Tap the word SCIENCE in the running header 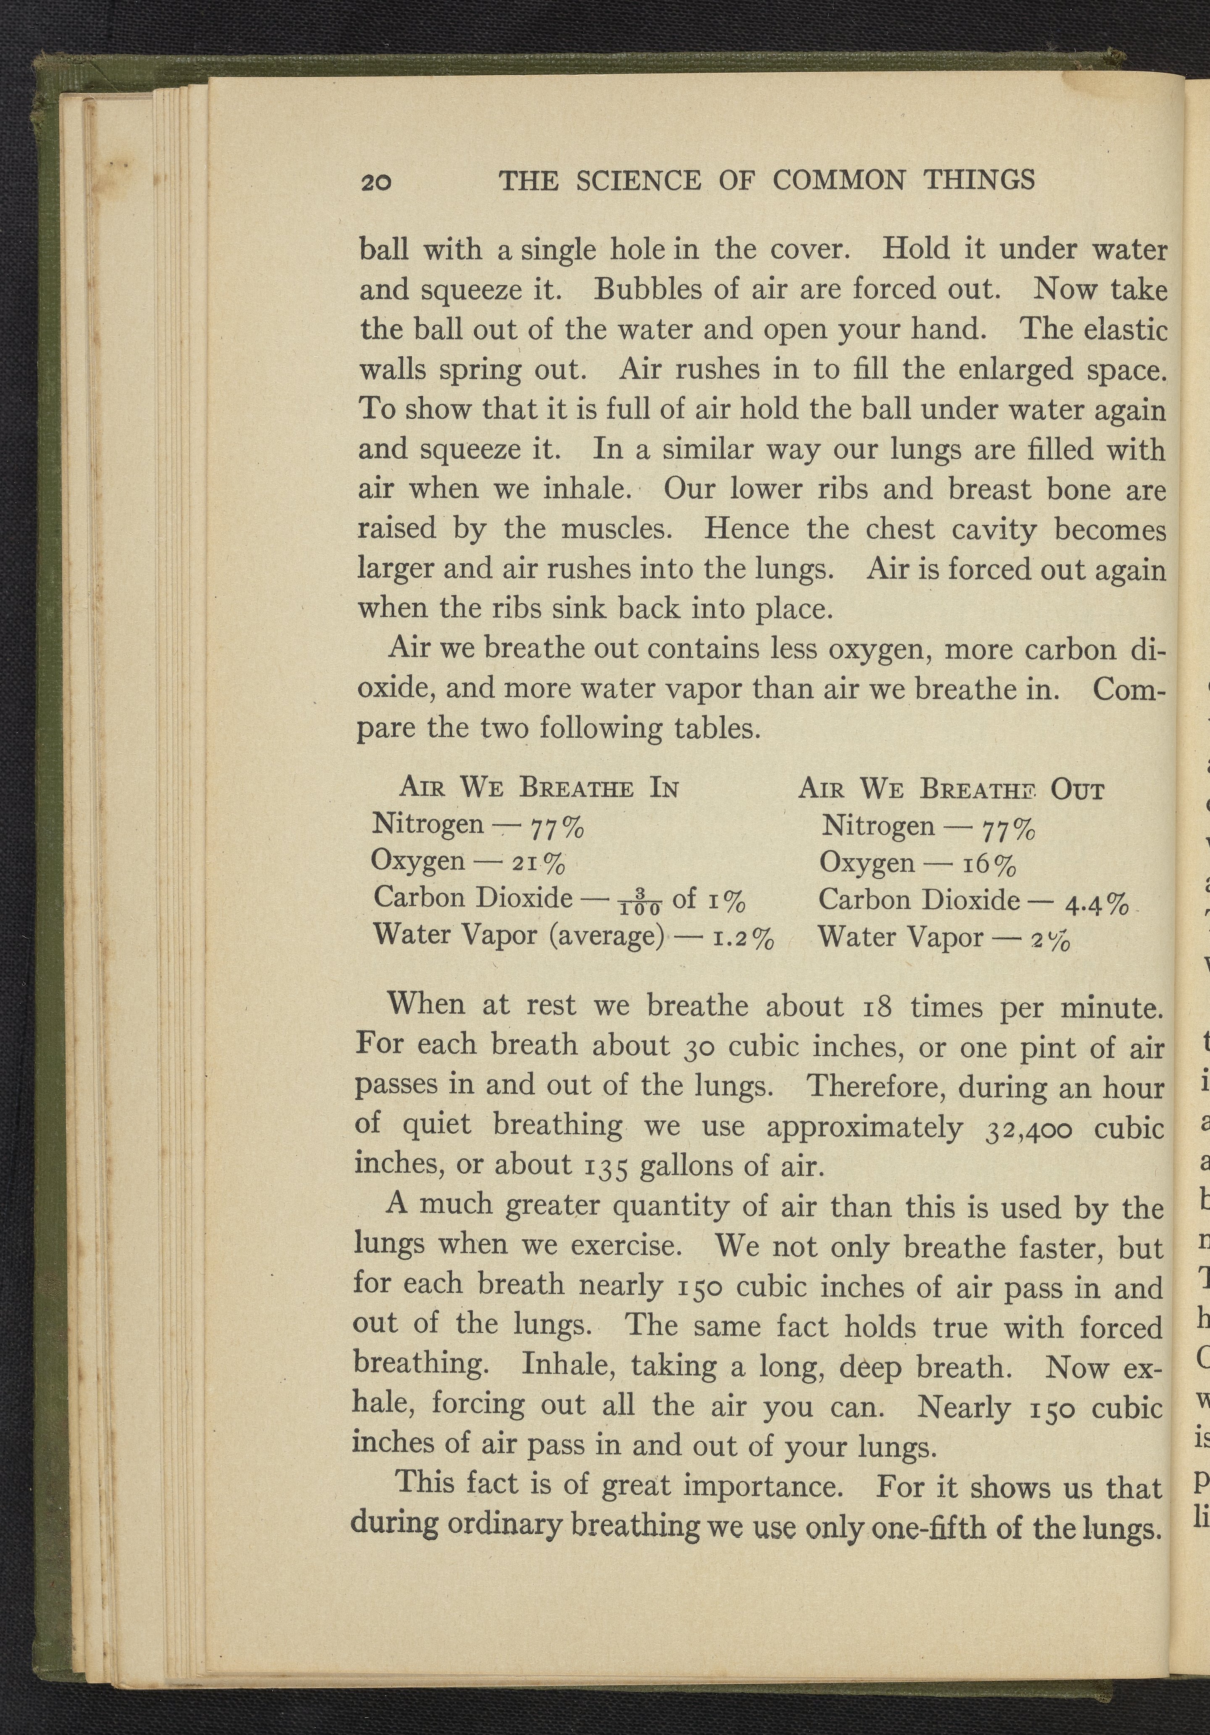(637, 181)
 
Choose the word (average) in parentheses (606, 937)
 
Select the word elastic (1126, 330)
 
